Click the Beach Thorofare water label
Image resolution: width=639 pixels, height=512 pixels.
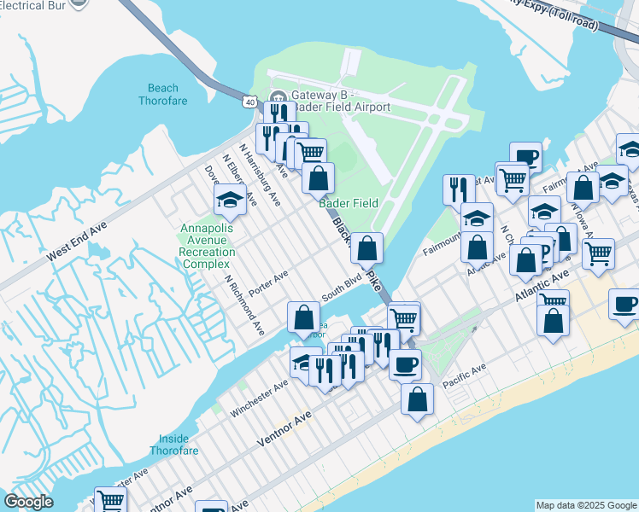(x=163, y=94)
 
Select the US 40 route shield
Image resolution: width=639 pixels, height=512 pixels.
(x=249, y=102)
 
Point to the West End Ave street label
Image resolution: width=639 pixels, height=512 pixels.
(x=77, y=243)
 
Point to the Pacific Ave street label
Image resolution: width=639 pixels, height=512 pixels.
(x=465, y=372)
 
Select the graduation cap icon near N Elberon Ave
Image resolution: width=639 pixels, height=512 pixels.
(x=230, y=200)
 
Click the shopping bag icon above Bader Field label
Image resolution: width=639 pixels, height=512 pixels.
(x=318, y=178)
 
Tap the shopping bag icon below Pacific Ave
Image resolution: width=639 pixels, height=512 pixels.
(x=417, y=399)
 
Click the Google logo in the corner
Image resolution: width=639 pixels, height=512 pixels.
(x=28, y=502)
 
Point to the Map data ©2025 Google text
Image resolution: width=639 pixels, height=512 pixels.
(x=585, y=505)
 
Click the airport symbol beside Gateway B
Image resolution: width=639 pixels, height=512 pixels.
(x=278, y=95)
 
